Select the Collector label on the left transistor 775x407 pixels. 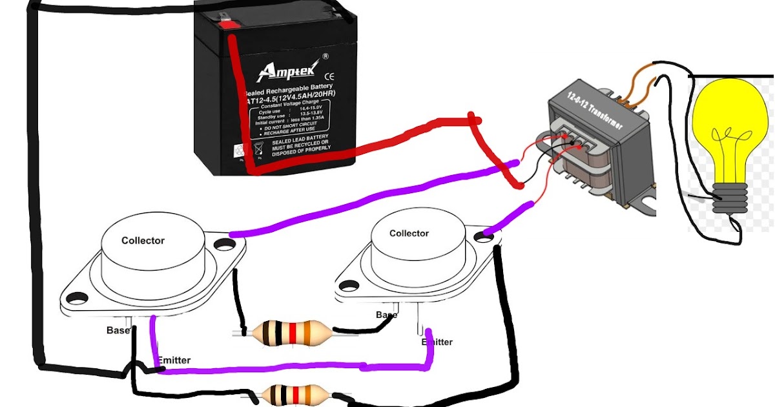click(x=143, y=240)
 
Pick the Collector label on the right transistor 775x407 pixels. click(x=409, y=233)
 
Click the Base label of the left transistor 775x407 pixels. click(x=118, y=330)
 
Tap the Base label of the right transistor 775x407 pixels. click(x=387, y=315)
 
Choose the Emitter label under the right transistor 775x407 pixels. click(x=437, y=342)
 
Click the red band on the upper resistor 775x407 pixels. click(x=293, y=333)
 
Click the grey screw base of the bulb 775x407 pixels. click(x=730, y=198)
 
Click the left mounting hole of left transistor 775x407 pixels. click(x=77, y=298)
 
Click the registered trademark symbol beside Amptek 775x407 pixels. click(x=325, y=56)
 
